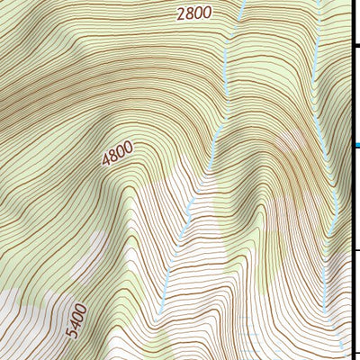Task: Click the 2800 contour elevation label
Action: [x=193, y=13]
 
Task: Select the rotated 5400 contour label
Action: [x=78, y=321]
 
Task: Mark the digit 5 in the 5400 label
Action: [x=72, y=335]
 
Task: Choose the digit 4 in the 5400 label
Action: [x=76, y=326]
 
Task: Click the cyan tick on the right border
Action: [x=355, y=145]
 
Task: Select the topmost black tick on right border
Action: [x=355, y=44]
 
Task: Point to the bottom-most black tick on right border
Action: [x=355, y=351]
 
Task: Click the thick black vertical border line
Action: [x=350, y=180]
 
